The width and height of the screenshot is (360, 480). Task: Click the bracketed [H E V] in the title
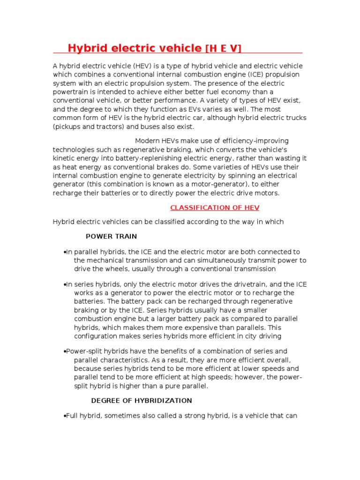click(224, 48)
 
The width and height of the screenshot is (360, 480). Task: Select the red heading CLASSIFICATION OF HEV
click(215, 208)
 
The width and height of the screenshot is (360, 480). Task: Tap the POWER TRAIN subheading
click(112, 236)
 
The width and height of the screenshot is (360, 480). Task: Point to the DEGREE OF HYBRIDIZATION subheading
click(142, 401)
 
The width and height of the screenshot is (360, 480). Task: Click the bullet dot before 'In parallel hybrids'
click(64, 252)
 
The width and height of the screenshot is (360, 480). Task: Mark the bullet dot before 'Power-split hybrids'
click(64, 352)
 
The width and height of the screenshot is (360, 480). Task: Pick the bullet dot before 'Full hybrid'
click(64, 416)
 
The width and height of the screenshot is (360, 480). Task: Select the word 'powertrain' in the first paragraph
click(70, 92)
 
